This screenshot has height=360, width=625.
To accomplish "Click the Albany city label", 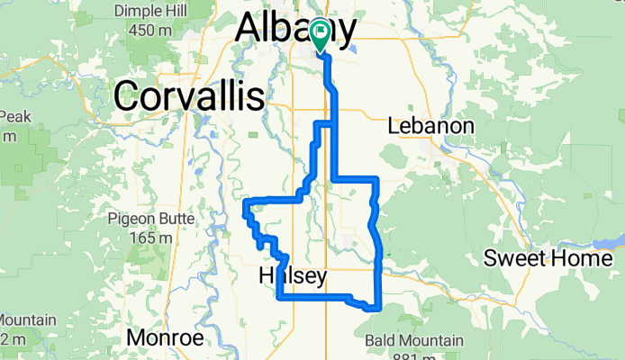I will (294, 30).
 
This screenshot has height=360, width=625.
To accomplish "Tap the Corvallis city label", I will (189, 95).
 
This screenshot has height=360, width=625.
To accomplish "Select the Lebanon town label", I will (430, 127).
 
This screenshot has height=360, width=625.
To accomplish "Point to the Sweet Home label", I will (548, 259).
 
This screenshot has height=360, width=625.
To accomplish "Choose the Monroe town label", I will (165, 337).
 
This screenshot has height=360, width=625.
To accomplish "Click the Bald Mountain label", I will (415, 340).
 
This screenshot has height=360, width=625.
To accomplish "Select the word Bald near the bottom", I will (383, 340).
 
